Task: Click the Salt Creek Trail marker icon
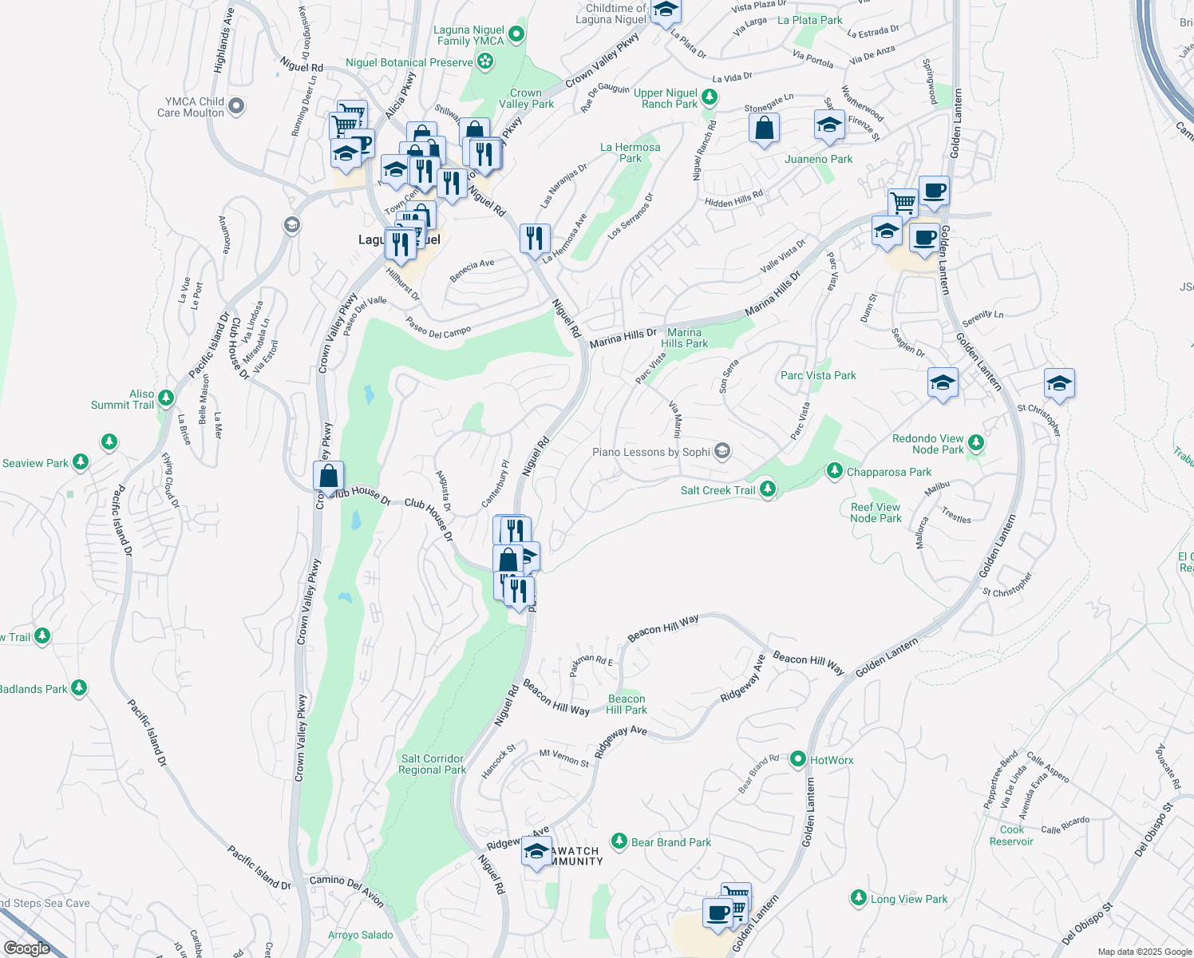pyautogui.click(x=768, y=489)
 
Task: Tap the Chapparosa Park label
pyautogui.click(x=889, y=472)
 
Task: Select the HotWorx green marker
pyautogui.click(x=798, y=759)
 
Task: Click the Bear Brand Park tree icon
pyautogui.click(x=619, y=841)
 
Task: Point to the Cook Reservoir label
pyautogui.click(x=1011, y=836)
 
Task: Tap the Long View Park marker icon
pyautogui.click(x=858, y=898)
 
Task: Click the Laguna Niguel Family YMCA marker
pyautogui.click(x=516, y=34)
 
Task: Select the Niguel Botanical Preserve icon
pyautogui.click(x=484, y=61)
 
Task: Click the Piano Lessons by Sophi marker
pyautogui.click(x=722, y=452)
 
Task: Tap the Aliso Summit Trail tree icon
pyautogui.click(x=166, y=398)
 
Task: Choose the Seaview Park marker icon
pyautogui.click(x=80, y=462)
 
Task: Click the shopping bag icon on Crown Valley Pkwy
pyautogui.click(x=329, y=477)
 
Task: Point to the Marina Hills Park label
pyautogui.click(x=684, y=338)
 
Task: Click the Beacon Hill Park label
pyautogui.click(x=627, y=704)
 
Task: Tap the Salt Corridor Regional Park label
pyautogui.click(x=433, y=764)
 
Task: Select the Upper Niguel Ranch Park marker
pyautogui.click(x=709, y=98)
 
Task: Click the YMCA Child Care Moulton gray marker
pyautogui.click(x=236, y=105)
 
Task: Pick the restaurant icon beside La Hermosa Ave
pyautogui.click(x=535, y=238)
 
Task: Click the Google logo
pyautogui.click(x=27, y=948)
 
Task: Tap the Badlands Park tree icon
pyautogui.click(x=78, y=687)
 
